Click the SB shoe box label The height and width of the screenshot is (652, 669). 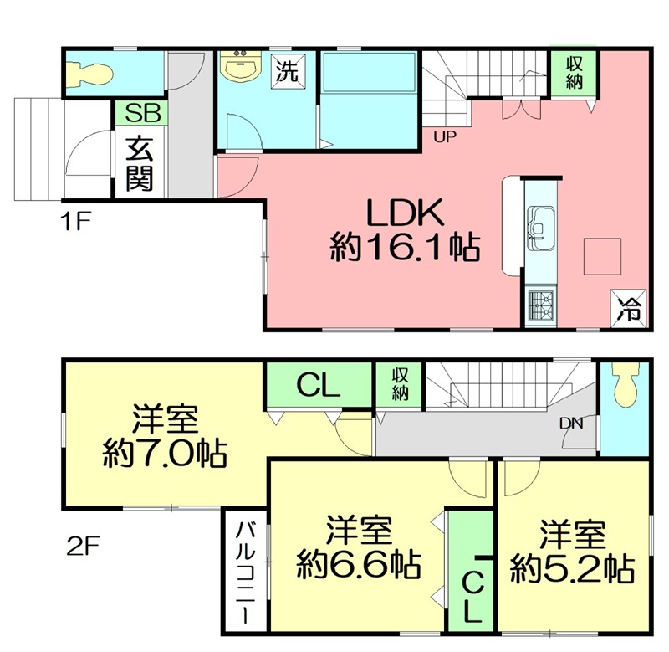[141, 113]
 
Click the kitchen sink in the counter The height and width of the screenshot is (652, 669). [540, 227]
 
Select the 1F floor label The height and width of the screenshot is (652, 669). [74, 223]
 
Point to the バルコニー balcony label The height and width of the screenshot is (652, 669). [245, 571]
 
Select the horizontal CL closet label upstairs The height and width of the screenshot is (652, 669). [319, 387]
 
